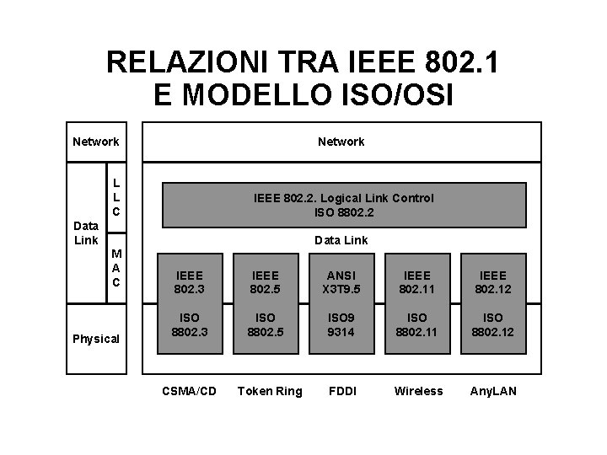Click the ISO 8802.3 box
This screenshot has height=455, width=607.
[189, 325]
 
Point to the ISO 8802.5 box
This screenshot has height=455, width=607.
[265, 325]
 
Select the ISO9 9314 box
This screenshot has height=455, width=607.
[341, 325]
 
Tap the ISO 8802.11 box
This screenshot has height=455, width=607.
[418, 325]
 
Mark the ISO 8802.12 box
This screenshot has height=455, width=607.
[492, 325]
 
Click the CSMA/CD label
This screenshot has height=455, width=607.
[189, 391]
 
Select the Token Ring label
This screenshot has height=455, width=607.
[270, 391]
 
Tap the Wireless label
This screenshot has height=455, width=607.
[418, 391]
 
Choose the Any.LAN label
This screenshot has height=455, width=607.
[493, 391]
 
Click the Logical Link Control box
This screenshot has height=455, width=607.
[343, 206]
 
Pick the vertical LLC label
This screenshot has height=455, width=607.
[116, 195]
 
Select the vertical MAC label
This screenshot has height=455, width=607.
[116, 268]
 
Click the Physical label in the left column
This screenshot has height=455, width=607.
[96, 339]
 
